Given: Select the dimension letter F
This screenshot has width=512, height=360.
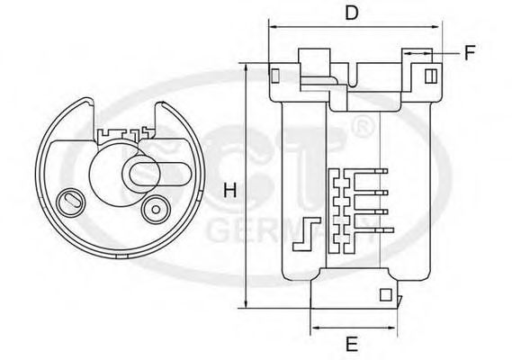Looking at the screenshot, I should tap(470, 53).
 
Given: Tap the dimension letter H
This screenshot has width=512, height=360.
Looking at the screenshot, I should tap(229, 191).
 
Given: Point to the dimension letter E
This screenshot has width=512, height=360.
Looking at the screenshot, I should tap(353, 343).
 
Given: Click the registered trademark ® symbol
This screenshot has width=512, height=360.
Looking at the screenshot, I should tap(358, 127).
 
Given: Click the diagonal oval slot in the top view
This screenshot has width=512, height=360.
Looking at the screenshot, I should tap(68, 199).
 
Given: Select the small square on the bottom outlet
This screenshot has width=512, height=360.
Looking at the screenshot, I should tap(385, 293).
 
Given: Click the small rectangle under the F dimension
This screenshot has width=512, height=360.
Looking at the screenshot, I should tap(431, 76).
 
